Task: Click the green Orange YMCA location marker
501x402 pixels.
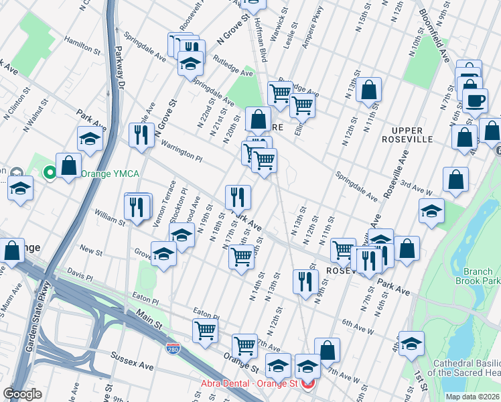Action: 50,174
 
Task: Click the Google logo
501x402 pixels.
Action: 22,394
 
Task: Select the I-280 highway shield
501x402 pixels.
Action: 172,348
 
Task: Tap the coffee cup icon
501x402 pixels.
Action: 476,101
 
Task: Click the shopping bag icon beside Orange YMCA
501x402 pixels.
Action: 68,165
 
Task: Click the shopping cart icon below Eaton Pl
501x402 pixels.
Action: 205,329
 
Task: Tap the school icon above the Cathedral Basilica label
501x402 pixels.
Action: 411,342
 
